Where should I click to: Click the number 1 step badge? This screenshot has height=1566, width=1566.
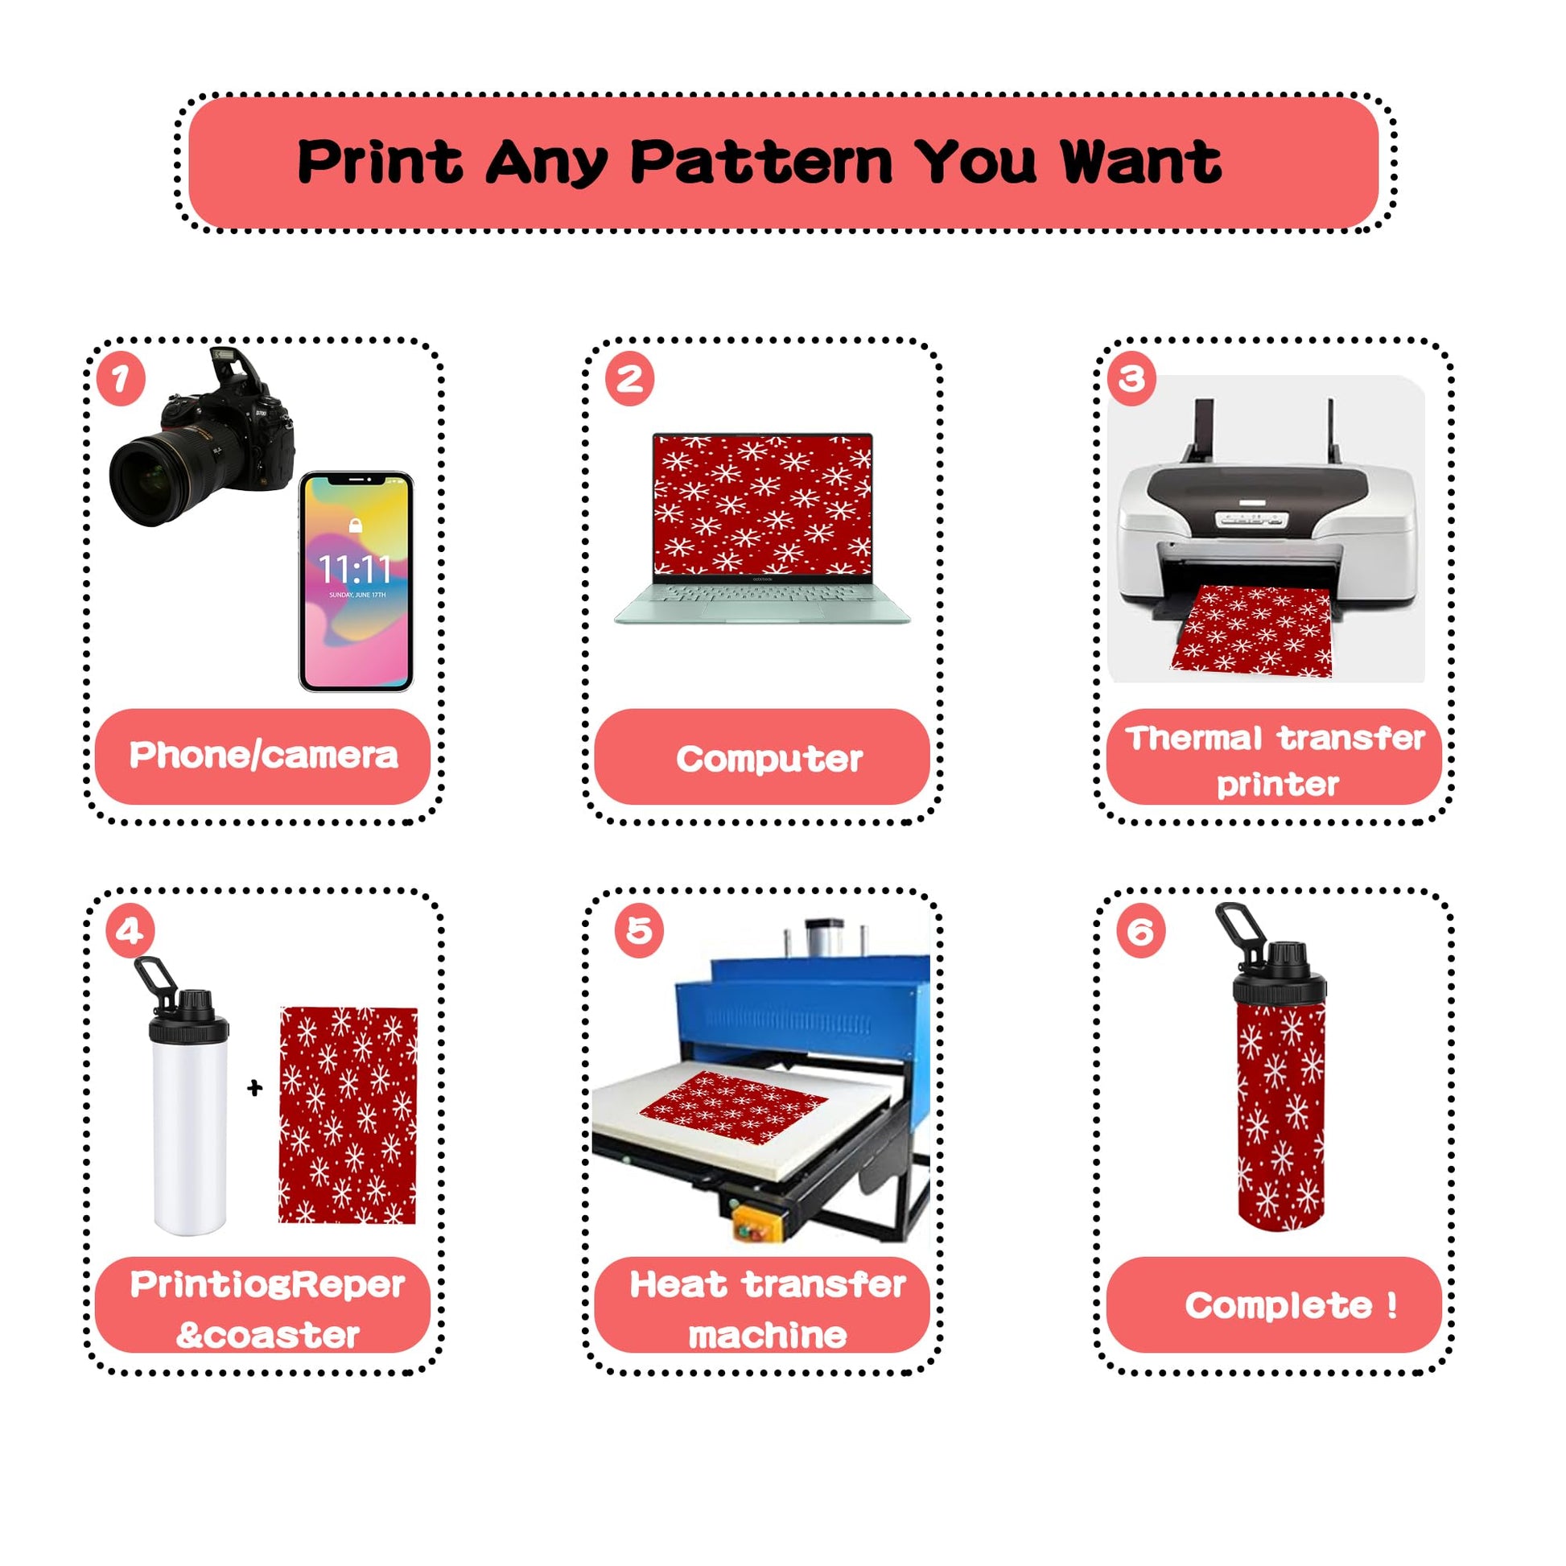click(x=121, y=378)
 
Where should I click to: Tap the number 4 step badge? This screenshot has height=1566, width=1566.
click(x=130, y=931)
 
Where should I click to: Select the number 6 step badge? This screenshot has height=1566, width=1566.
click(x=1140, y=931)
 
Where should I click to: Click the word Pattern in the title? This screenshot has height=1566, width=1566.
click(x=761, y=161)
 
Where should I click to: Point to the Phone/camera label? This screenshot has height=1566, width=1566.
click(x=263, y=756)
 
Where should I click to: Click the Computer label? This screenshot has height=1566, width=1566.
click(x=769, y=760)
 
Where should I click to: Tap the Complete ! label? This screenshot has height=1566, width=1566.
click(x=1291, y=1305)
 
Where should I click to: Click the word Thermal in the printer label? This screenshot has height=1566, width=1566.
click(x=1194, y=739)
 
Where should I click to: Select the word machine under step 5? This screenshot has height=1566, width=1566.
click(x=768, y=1335)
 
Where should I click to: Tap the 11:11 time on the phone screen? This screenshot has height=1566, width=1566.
click(x=355, y=569)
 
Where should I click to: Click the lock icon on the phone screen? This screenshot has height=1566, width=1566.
click(x=355, y=525)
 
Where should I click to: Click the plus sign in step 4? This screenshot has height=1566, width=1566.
click(x=254, y=1088)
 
